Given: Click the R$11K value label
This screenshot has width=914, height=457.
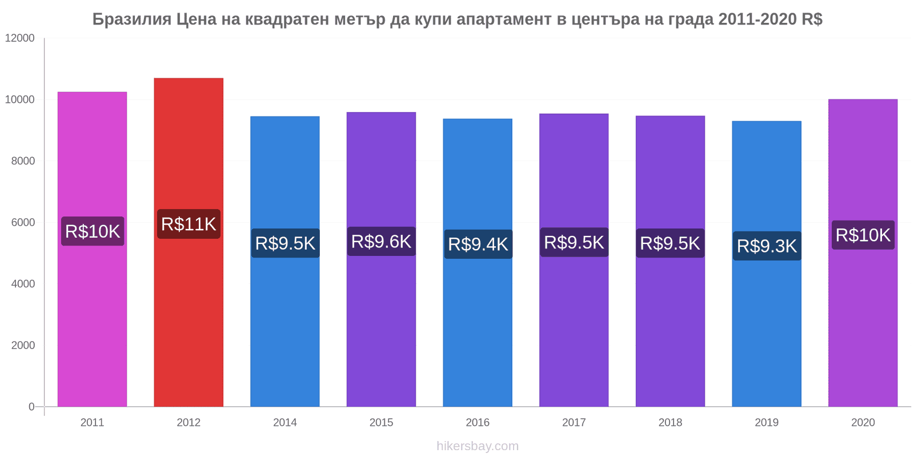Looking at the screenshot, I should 189,224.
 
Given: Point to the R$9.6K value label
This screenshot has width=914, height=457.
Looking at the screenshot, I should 381,242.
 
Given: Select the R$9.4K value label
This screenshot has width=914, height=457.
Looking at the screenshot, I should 478,244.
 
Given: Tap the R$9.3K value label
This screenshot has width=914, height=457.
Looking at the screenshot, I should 767,246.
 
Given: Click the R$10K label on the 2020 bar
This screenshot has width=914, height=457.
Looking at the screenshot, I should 863,235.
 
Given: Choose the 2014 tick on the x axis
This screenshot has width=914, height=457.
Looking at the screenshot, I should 284,423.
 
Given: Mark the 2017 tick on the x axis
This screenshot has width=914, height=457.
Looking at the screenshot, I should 574,423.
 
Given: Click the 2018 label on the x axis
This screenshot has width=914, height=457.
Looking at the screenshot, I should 670,423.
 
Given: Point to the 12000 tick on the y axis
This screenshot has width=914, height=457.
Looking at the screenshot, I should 20,38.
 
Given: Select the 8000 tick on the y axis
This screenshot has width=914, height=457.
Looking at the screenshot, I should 23,161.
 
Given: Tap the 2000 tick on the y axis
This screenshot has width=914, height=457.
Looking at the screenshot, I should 23,345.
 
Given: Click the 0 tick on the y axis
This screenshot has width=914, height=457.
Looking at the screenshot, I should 31,407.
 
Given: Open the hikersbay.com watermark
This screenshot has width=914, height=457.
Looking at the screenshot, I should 478,446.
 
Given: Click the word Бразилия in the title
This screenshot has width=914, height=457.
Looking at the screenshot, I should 132,19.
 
